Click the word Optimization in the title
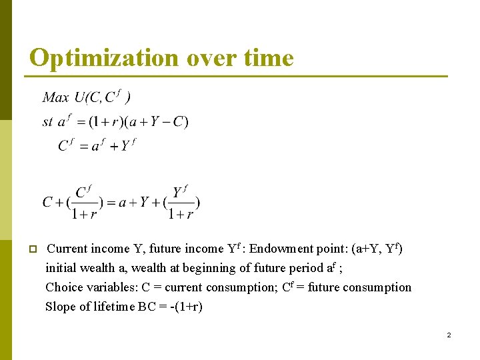[104, 59]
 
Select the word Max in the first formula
[55, 98]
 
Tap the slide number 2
[449, 335]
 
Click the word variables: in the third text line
[111, 287]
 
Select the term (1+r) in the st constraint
[105, 122]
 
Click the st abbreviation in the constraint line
[47, 122]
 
